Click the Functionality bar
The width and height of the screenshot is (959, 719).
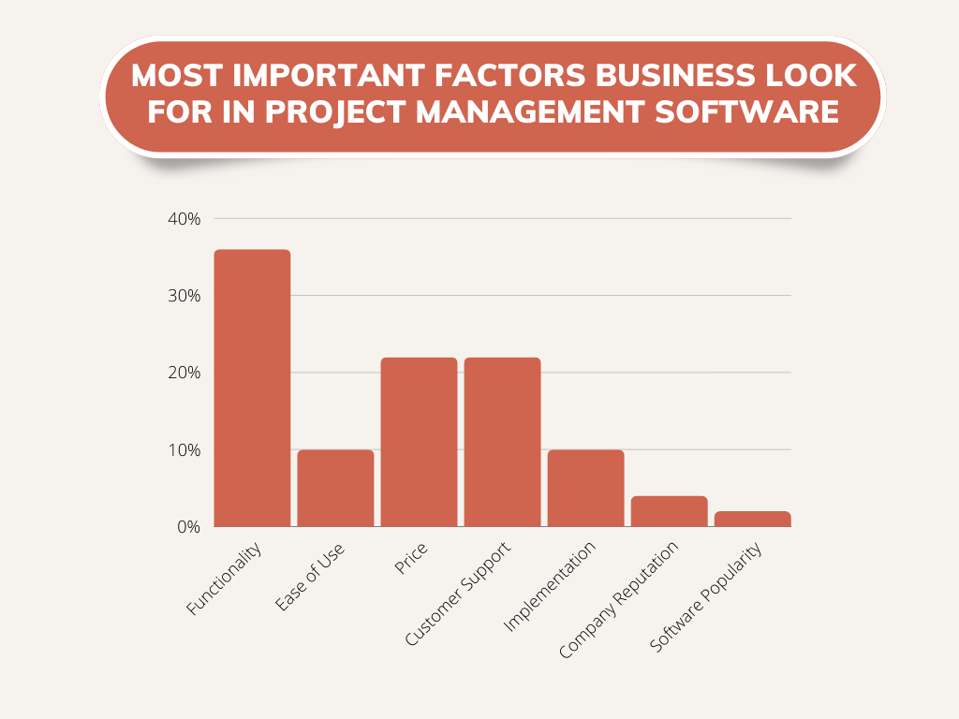[x=252, y=388]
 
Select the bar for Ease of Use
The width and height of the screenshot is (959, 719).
[x=335, y=488]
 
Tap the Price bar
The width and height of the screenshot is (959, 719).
[x=419, y=442]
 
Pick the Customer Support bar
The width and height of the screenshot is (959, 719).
[x=502, y=442]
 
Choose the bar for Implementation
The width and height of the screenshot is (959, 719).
[x=585, y=488]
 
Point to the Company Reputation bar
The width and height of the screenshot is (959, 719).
[x=669, y=511]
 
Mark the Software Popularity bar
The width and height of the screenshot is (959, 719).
[x=752, y=519]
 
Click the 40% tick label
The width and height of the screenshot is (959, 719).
[x=184, y=219]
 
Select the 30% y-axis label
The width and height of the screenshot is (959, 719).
[x=184, y=296]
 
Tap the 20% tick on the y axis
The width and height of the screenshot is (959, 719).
[x=184, y=373]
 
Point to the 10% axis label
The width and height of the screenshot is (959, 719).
[x=184, y=450]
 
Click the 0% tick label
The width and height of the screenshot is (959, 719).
[x=188, y=527]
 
